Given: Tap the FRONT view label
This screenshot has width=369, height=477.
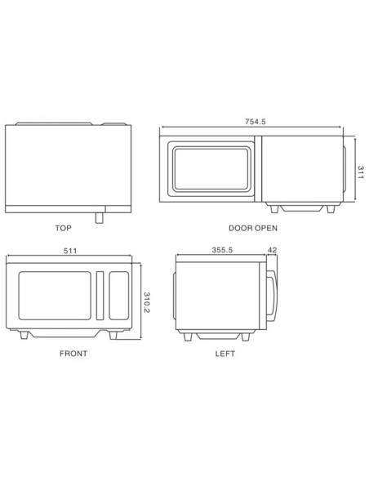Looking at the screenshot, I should pos(73,354).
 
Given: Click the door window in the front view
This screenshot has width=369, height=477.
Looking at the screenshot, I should pos(53,294).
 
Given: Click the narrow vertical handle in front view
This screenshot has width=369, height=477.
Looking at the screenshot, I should pos(100,295).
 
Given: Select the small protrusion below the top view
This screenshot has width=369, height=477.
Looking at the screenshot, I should pos(100,216).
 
